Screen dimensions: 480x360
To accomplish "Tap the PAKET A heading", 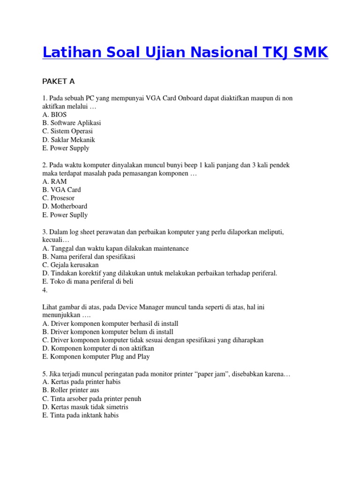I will click(59, 81).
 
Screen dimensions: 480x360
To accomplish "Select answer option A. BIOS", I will click(54, 114).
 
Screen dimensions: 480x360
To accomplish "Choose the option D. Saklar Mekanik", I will click(68, 140).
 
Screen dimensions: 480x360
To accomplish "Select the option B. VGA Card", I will click(61, 190).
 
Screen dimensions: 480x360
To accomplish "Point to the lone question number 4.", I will click(45, 290).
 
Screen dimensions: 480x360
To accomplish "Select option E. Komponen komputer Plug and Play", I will click(96, 357).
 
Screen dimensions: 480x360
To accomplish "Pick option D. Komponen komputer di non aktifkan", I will click(98, 348).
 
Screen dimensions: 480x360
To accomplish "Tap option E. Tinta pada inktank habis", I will click(81, 415).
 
